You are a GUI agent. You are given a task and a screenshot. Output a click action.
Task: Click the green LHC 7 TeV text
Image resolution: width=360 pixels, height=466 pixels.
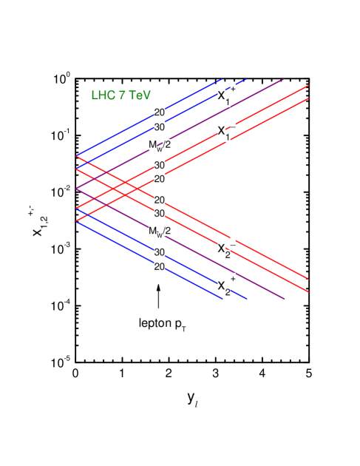[x=120, y=95]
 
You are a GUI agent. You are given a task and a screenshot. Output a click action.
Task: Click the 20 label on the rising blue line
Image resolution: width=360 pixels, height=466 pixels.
[x=160, y=112]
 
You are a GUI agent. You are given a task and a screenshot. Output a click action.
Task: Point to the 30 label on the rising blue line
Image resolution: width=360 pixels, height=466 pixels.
[x=160, y=127]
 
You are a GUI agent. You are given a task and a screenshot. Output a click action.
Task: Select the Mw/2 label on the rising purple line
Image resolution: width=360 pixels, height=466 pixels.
[x=160, y=145]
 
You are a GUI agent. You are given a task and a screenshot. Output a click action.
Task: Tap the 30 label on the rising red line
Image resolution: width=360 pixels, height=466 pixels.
[x=160, y=165]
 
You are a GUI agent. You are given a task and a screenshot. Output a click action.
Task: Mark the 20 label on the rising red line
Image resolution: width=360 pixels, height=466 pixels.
[x=160, y=179]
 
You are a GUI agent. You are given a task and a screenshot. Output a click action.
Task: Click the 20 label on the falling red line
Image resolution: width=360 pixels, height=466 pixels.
[x=160, y=200]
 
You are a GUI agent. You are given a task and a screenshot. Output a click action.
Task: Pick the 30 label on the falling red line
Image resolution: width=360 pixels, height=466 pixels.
[x=160, y=213]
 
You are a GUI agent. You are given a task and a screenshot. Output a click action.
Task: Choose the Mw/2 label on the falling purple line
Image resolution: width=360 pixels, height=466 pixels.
[x=160, y=232]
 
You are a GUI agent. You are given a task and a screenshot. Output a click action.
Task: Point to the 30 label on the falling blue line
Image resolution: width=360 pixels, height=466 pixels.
[x=160, y=252]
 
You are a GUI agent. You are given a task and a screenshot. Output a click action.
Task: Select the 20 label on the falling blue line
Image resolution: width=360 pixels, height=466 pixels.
[x=160, y=266]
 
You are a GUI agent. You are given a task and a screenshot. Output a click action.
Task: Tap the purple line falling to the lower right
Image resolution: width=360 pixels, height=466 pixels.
[x=251, y=282]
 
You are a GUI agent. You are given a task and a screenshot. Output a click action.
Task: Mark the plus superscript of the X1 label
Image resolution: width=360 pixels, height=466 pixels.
[x=233, y=88]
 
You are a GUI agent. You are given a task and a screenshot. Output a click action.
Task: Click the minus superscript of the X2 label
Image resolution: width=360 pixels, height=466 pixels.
[x=233, y=240]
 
